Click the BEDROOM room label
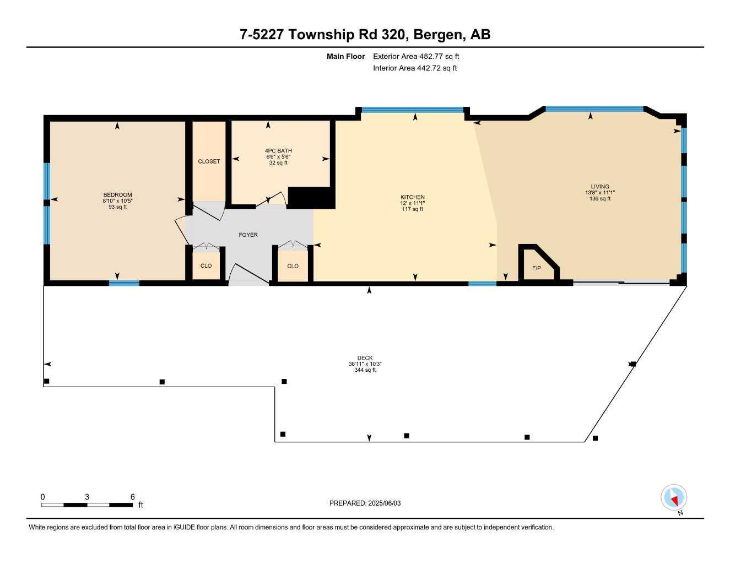coord(117,195)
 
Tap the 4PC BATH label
coord(278,151)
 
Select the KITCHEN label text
coord(413,197)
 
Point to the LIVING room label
coord(600,186)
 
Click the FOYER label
coord(248,235)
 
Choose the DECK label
coord(365,358)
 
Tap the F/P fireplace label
coord(537,268)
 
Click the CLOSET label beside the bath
coord(209,161)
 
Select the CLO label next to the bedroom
coord(206,266)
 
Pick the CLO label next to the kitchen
coord(293,266)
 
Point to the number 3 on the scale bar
coord(87,497)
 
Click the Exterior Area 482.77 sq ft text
coord(416,56)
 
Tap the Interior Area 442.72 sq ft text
coord(415,68)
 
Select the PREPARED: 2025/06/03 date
coord(365,503)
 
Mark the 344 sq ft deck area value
coord(365,370)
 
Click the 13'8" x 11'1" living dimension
coord(600,193)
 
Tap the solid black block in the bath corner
coord(311,198)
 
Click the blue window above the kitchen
coord(413,110)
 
